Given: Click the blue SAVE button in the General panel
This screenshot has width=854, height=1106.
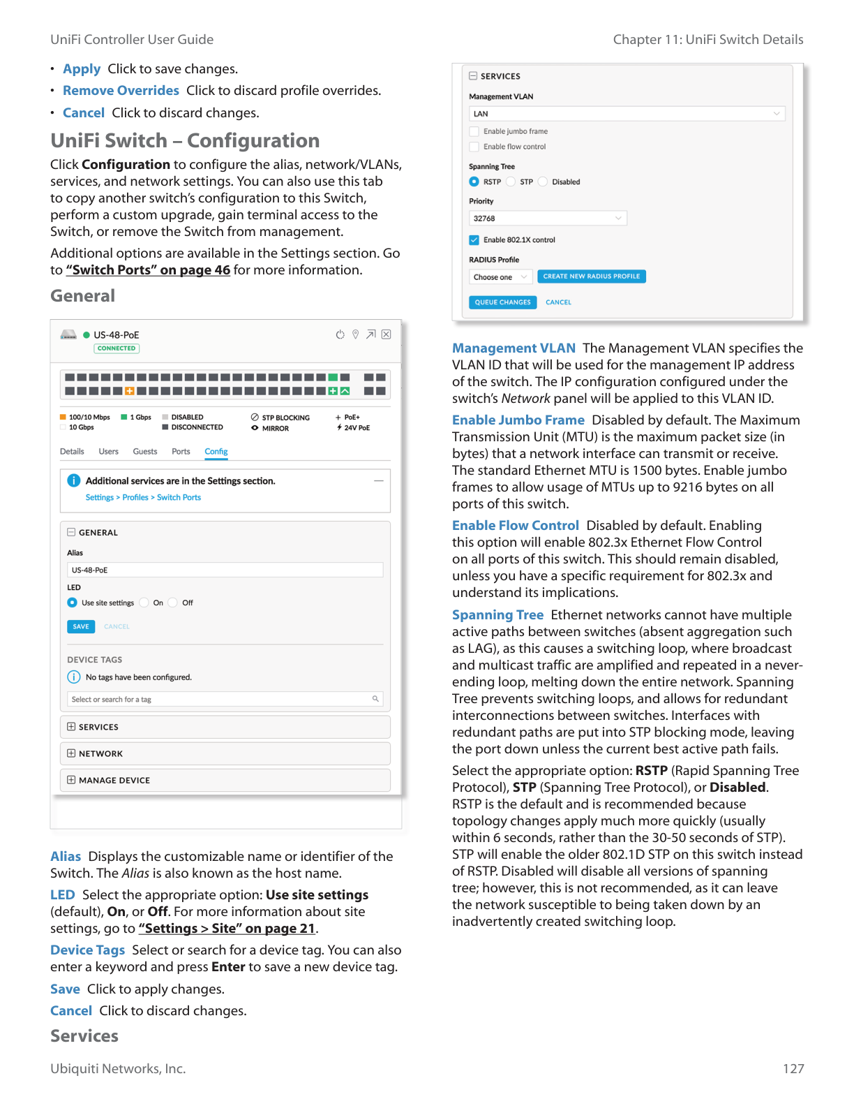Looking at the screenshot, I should point(81,626).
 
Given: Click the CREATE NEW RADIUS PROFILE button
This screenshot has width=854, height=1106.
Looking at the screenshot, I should point(591,276).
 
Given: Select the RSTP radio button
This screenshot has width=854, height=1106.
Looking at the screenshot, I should point(474,182).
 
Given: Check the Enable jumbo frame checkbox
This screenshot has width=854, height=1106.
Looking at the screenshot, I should point(474,131).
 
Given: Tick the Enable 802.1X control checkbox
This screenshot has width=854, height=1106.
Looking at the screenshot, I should point(474,240).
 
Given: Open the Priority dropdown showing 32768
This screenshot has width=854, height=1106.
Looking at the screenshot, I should point(548,219).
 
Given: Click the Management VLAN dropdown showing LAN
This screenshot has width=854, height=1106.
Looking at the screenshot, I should point(627,114).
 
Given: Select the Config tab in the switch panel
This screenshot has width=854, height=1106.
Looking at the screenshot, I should point(216,452).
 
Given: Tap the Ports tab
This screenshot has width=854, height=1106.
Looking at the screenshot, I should point(181,452).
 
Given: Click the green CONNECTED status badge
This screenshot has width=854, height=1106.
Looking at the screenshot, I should point(117,348).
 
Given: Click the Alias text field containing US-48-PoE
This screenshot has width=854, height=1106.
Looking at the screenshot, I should point(225,570).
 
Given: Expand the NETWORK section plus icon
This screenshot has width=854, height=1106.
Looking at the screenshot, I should point(71,753).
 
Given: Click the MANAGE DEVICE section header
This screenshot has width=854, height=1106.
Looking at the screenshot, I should point(114,780).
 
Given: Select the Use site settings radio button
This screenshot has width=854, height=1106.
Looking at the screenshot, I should point(73,603).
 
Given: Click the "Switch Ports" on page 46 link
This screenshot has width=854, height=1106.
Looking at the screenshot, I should point(148,270).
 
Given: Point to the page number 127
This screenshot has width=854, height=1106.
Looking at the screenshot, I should point(793,1068).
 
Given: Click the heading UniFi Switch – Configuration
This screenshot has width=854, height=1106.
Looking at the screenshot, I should point(185,141).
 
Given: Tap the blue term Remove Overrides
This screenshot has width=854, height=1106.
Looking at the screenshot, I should point(121,91).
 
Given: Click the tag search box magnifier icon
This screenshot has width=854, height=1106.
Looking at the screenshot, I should point(375,699).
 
